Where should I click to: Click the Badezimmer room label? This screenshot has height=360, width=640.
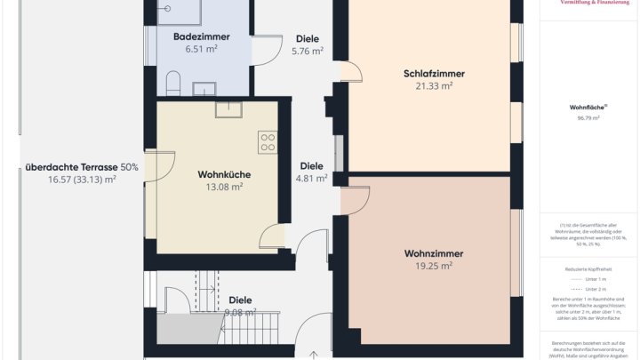(x=202, y=36)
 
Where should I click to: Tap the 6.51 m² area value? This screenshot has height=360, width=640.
(x=202, y=50)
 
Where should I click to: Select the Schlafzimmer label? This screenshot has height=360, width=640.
(x=435, y=74)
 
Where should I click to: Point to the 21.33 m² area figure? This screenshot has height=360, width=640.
(x=435, y=86)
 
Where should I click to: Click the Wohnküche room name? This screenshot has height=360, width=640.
(x=223, y=175)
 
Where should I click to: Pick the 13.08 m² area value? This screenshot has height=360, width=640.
(x=224, y=188)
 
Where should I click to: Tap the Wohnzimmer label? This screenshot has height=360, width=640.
(x=434, y=253)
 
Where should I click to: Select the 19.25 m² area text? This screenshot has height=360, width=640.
(x=434, y=266)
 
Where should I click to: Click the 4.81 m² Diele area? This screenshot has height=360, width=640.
(x=311, y=179)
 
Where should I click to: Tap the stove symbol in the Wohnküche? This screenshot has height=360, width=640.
(x=268, y=141)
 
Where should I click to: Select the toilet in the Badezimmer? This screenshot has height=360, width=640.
(x=173, y=85)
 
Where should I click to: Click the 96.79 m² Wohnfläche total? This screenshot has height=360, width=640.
(x=588, y=117)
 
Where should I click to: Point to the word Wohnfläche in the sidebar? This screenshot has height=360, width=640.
(x=586, y=107)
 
